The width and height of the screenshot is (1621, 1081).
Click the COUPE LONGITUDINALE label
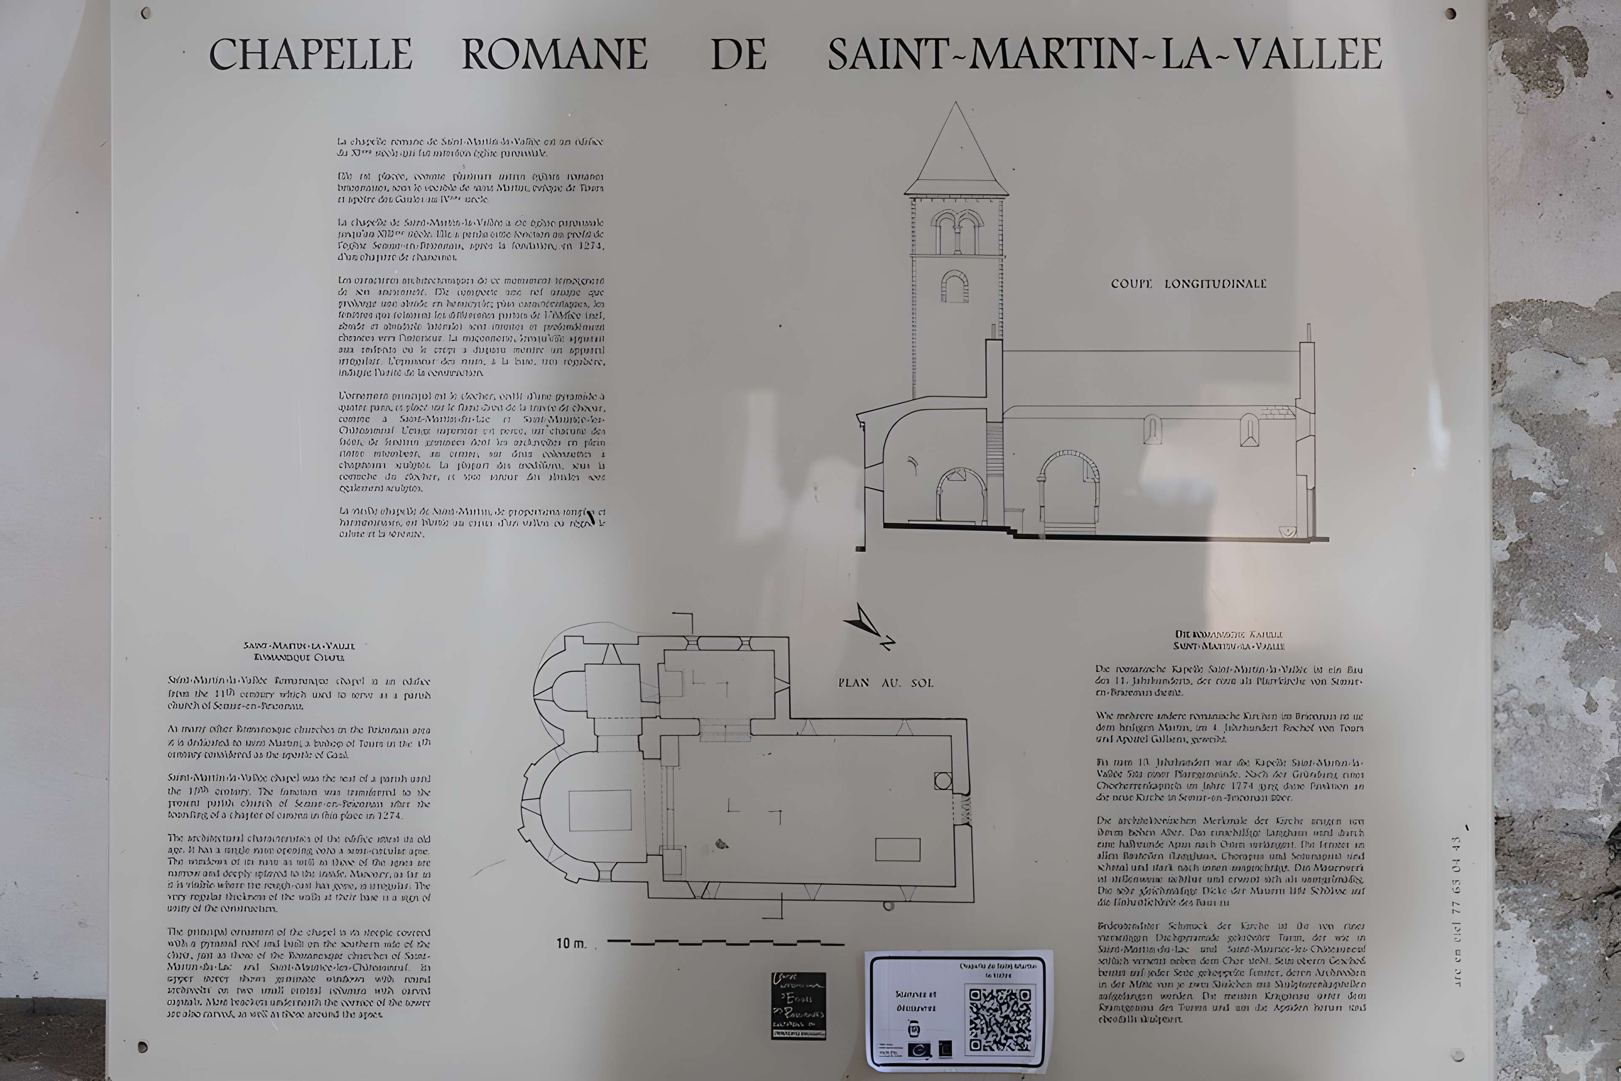click(1188, 283)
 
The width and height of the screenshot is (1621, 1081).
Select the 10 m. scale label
click(571, 943)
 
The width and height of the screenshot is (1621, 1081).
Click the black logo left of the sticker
click(798, 1006)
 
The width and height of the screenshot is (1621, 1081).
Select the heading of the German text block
click(1229, 640)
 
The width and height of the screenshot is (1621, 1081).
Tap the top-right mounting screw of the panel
click(1450, 13)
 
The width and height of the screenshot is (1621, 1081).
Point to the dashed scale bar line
click(725, 942)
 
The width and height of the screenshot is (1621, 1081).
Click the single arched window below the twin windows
click(954, 287)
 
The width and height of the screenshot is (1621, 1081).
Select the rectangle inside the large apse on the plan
click(599, 810)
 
